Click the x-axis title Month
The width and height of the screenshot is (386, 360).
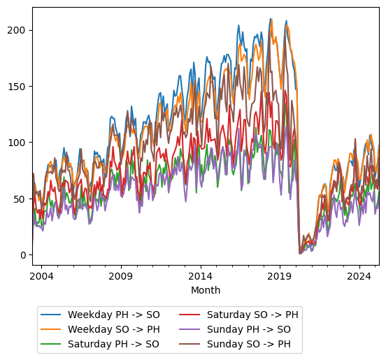click(x=206, y=290)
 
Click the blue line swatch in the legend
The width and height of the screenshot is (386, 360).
click(x=52, y=315)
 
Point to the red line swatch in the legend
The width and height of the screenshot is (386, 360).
click(x=191, y=315)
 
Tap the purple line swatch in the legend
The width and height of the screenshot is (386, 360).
click(x=191, y=329)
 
